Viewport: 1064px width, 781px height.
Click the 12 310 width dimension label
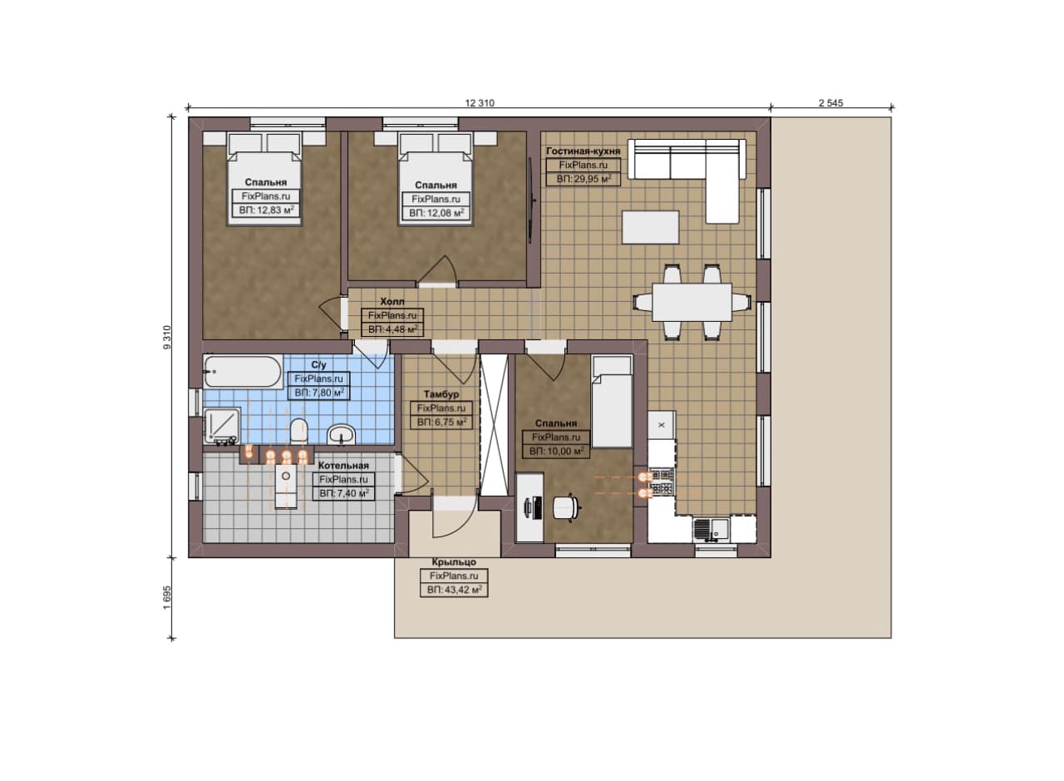(480, 103)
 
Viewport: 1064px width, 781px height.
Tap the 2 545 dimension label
(830, 103)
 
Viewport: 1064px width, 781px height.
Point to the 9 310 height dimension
(167, 338)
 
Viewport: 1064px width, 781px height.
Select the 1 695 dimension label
(167, 597)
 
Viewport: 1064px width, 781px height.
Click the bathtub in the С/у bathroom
(243, 371)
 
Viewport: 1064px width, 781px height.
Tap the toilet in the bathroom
(299, 430)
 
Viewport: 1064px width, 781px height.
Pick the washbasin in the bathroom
(341, 433)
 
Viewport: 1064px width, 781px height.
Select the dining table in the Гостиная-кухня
(692, 302)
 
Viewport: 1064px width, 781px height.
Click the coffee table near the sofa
(650, 228)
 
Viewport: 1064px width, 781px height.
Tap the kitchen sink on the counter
(711, 530)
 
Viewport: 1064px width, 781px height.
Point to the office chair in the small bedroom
(567, 507)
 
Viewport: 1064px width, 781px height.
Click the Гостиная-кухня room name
(584, 151)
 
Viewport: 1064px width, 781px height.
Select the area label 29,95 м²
(584, 179)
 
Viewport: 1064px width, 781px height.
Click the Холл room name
(392, 301)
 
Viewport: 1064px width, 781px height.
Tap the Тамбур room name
(441, 394)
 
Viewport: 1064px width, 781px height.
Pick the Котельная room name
(343, 466)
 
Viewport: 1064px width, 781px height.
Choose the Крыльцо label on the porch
(454, 562)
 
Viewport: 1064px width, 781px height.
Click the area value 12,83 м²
(266, 210)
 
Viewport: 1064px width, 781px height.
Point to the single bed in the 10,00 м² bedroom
(612, 403)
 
